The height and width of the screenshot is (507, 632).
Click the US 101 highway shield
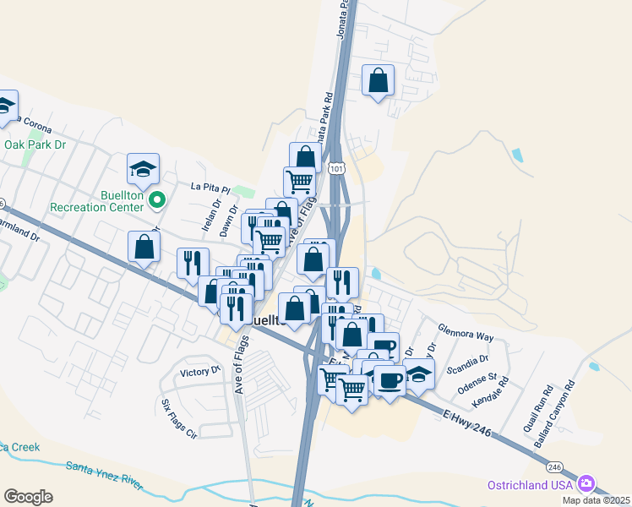tap(337, 169)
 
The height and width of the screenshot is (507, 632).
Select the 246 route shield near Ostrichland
tap(554, 466)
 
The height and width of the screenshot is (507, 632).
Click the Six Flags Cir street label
tap(178, 419)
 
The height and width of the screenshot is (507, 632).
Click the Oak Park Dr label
tap(35, 144)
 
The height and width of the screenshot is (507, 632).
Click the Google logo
tap(28, 497)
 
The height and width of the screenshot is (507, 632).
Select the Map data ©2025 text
tap(597, 500)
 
